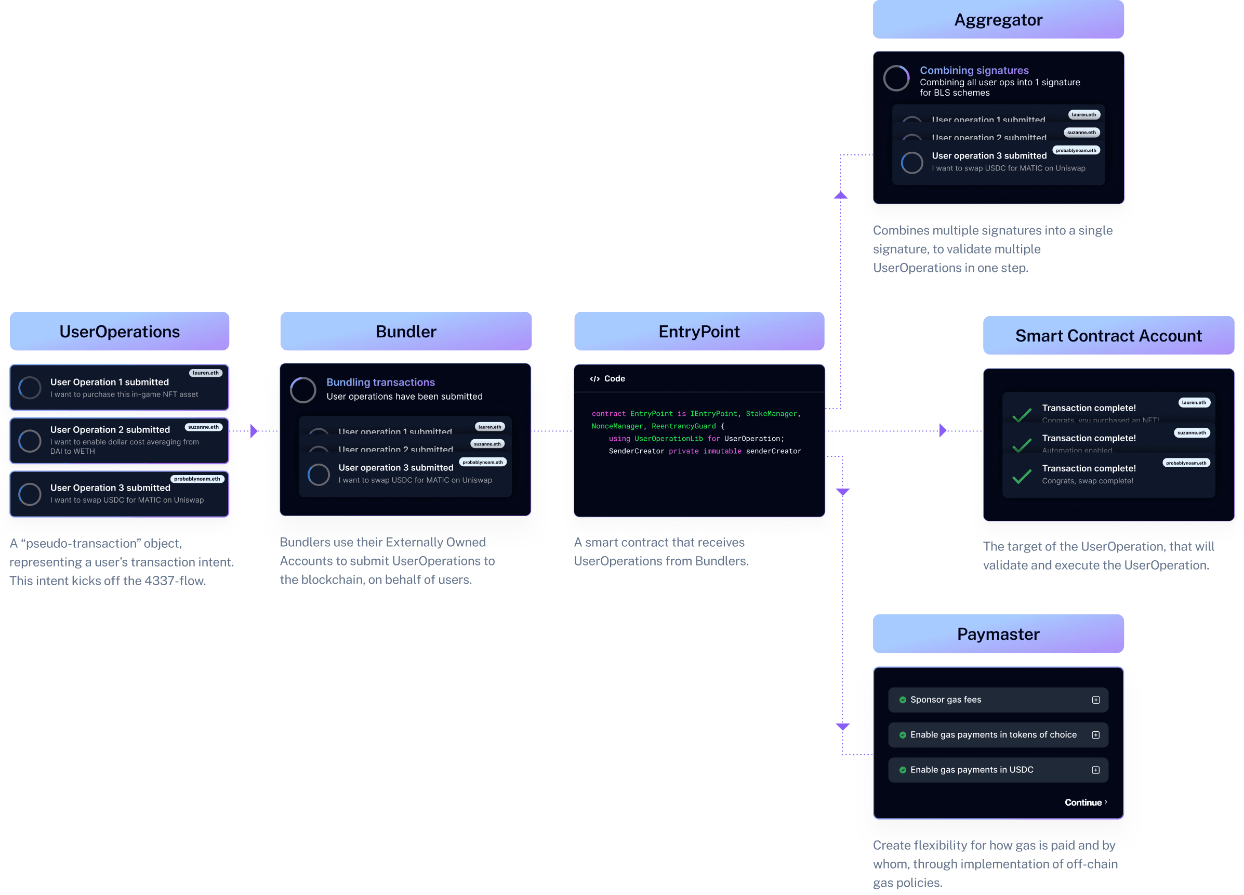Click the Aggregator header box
[x=998, y=20]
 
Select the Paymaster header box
[x=998, y=634]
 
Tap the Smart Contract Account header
[x=1108, y=336]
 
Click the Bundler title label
[x=406, y=332]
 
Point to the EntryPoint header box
[x=699, y=332]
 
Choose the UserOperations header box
[x=120, y=332]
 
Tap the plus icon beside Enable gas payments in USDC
[x=1095, y=770]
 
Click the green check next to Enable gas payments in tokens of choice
[x=902, y=735]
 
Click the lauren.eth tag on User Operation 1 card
[x=205, y=373]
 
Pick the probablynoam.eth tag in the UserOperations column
[x=197, y=479]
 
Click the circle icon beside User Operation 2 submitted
[x=30, y=440]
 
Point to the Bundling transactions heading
[x=381, y=382]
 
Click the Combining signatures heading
[x=974, y=70]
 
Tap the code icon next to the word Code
[x=594, y=378]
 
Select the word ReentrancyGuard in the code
[x=683, y=426]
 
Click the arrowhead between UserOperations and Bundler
[x=254, y=431]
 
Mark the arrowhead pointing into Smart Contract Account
[x=942, y=430]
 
